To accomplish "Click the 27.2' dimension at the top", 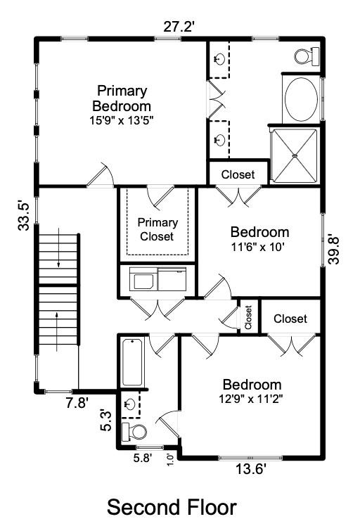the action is click(x=179, y=27).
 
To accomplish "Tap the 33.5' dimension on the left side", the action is click(x=24, y=215).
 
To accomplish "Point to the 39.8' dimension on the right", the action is click(x=333, y=250).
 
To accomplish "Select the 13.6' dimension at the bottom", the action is click(x=251, y=469).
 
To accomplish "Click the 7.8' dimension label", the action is click(x=77, y=403).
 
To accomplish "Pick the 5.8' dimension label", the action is click(x=143, y=458).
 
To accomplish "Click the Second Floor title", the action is click(x=172, y=507).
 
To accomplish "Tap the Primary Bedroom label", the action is click(x=122, y=98).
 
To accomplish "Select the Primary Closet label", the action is click(x=157, y=229).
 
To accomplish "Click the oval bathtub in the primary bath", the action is click(x=301, y=100).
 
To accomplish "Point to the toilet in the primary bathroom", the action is click(x=307, y=56).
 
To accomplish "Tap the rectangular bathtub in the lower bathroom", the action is click(x=132, y=361).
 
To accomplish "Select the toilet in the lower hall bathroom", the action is click(x=134, y=432).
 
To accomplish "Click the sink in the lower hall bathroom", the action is click(x=129, y=404).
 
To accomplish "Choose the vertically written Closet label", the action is click(x=248, y=317).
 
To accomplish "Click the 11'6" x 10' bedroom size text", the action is click(x=258, y=247).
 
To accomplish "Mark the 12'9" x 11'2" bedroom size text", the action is click(x=251, y=399).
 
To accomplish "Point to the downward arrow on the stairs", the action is click(x=58, y=248).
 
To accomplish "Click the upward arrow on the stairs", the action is click(x=57, y=331).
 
